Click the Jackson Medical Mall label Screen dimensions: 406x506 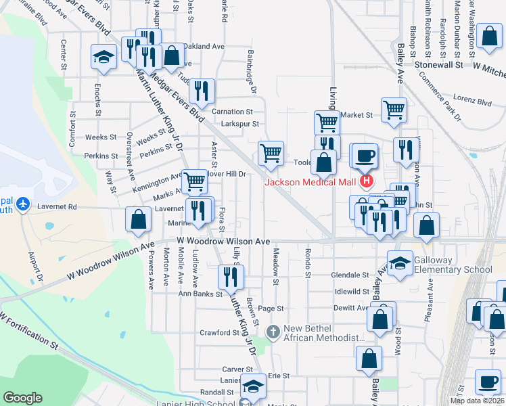point(311,181)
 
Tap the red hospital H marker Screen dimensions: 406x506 point(367,181)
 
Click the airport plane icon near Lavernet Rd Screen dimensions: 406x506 point(23,203)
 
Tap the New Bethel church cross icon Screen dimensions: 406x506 point(273,332)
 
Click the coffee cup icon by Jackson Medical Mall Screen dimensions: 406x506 point(365,156)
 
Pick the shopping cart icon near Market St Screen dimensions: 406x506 point(393,109)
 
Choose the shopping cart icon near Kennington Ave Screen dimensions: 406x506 point(195,181)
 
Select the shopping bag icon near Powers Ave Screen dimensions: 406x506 point(139,220)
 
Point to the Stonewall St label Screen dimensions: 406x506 point(438,66)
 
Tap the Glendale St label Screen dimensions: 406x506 point(350,275)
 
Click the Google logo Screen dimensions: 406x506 point(23,398)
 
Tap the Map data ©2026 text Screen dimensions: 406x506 point(477,401)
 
